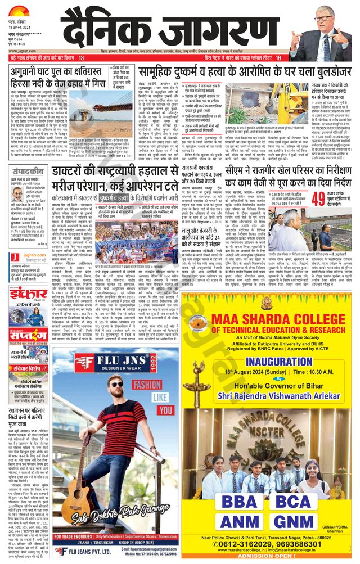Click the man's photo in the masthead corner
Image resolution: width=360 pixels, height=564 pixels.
click(x=334, y=29)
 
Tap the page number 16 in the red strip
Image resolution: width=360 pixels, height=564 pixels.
click(x=278, y=58)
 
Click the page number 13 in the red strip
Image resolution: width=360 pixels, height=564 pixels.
click(x=82, y=58)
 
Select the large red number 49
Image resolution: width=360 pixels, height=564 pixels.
click(x=318, y=198)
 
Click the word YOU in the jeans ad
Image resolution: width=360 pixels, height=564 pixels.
click(x=165, y=410)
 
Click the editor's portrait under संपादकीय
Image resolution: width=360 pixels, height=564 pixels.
click(x=17, y=194)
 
